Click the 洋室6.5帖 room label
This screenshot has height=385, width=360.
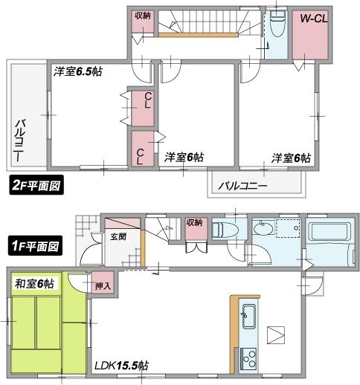79,72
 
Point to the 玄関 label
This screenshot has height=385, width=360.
118,237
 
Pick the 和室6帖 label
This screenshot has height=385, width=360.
34,282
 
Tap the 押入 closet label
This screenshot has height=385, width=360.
103,284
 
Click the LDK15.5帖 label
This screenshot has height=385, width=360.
121,366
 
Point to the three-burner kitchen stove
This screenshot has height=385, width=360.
247,362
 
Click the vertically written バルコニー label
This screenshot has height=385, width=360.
21,140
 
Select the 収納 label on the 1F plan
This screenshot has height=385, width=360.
194,221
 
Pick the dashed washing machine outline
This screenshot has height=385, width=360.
286,230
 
